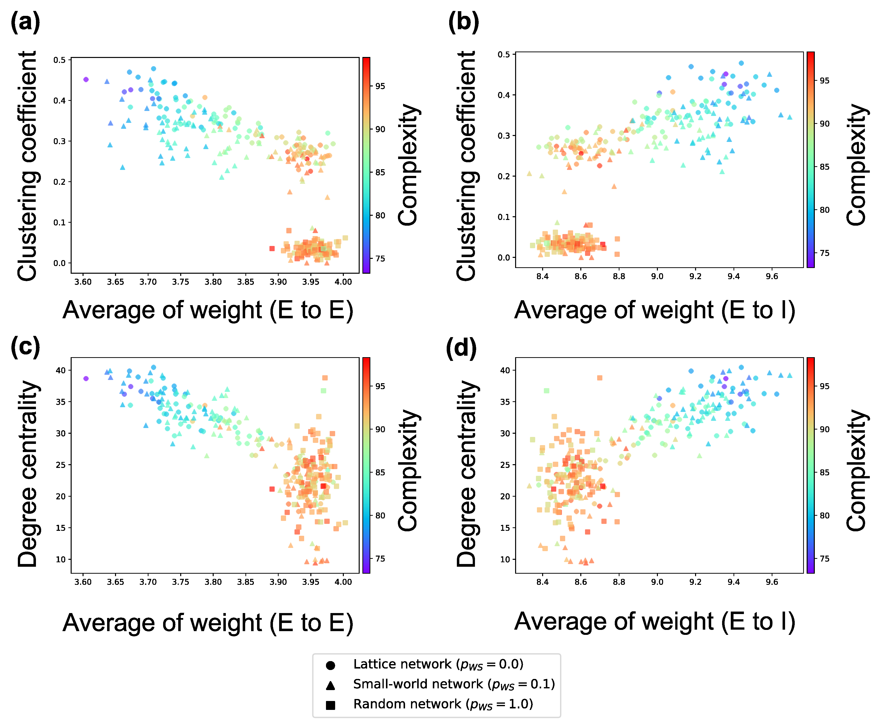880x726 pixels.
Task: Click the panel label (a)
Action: pyautogui.click(x=25, y=22)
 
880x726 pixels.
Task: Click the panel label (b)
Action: pyautogui.click(x=463, y=22)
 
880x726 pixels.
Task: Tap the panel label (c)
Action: pyautogui.click(x=25, y=347)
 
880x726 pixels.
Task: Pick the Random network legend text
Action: pyautogui.click(x=443, y=704)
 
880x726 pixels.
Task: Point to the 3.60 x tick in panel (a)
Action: pyautogui.click(x=83, y=282)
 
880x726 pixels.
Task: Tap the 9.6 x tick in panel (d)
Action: pyautogui.click(x=772, y=582)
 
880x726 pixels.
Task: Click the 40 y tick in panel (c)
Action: pyautogui.click(x=61, y=370)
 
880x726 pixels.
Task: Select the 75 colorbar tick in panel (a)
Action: pyautogui.click(x=380, y=258)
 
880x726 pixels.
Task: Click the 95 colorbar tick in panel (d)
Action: pyautogui.click(x=824, y=386)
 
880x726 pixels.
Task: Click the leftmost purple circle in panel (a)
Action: pyautogui.click(x=86, y=80)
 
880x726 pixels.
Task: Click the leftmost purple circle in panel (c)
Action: pyautogui.click(x=86, y=378)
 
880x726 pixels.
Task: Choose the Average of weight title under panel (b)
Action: pyautogui.click(x=654, y=310)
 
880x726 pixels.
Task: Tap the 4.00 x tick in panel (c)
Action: pyautogui.click(x=343, y=582)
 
